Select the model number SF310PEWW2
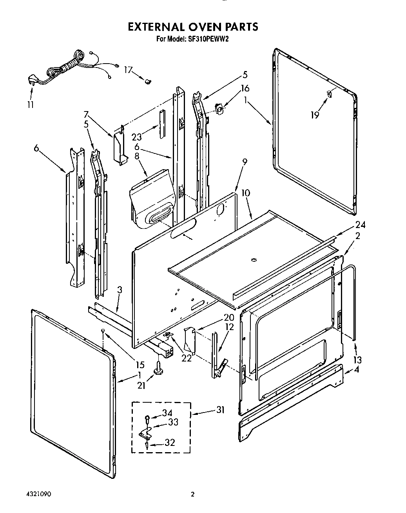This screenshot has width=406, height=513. (x=205, y=39)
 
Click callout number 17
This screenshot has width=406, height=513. (x=128, y=70)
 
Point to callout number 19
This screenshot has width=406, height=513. (x=315, y=115)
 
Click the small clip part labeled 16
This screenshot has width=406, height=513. (x=220, y=109)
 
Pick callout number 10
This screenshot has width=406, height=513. (x=246, y=193)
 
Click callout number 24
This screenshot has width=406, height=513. (x=361, y=225)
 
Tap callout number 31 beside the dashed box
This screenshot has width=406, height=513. (x=221, y=410)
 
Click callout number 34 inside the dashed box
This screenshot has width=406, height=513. (x=167, y=413)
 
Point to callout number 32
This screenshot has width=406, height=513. (x=170, y=442)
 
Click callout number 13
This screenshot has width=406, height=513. (x=357, y=360)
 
